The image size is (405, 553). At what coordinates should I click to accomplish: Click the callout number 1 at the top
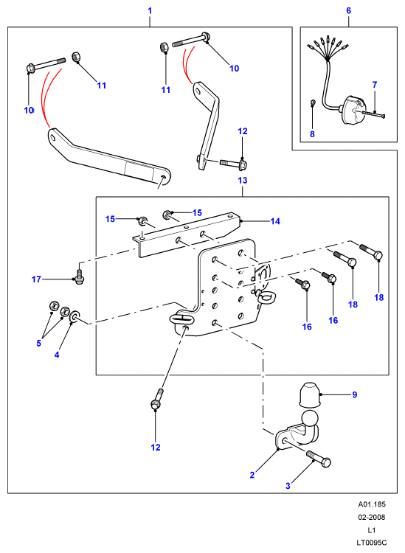150,11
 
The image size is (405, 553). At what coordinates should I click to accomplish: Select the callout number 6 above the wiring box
348,10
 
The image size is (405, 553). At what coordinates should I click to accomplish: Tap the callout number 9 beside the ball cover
355,394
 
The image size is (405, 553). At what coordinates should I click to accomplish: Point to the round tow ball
310,420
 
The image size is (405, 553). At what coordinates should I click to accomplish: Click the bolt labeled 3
319,459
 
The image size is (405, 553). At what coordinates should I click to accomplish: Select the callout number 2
252,475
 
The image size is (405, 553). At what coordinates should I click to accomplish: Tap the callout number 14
275,221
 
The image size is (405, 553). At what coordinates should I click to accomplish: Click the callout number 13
243,181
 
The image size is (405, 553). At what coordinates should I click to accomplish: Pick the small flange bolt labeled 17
80,276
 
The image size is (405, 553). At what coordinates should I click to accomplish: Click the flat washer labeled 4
75,316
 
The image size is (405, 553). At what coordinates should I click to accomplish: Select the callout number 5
39,343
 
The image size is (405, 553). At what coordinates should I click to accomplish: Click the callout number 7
375,85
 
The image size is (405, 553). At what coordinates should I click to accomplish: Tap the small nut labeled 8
313,102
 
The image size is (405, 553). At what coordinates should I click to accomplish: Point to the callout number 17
36,279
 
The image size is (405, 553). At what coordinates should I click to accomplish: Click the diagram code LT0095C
372,543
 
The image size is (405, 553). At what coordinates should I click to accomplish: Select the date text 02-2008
372,518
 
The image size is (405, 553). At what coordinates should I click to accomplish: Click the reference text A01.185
372,504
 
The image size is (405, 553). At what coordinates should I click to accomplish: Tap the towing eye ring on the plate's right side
267,296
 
